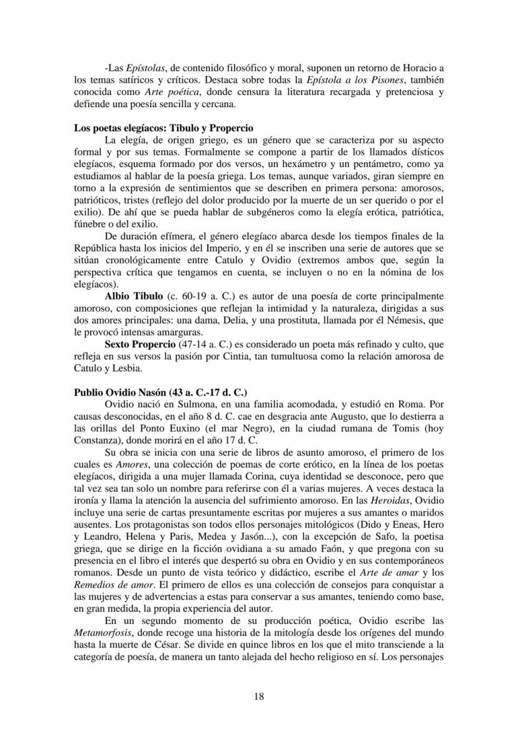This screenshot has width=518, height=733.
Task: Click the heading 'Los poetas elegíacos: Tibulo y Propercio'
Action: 163,128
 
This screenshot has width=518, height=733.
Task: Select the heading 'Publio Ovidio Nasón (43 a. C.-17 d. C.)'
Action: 160,392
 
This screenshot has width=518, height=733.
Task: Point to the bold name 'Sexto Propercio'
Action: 140,344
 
